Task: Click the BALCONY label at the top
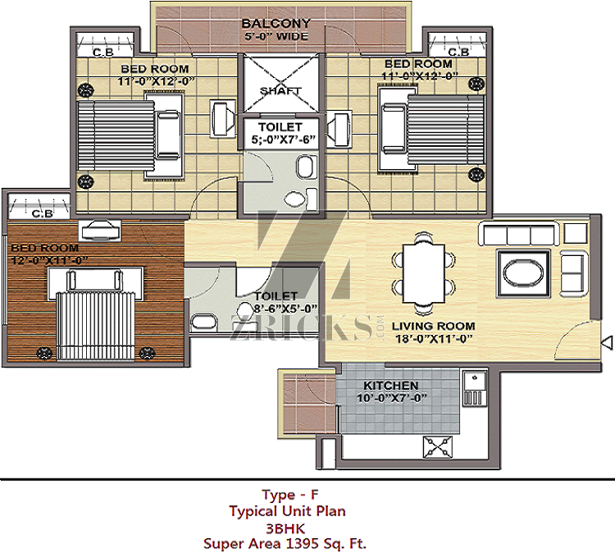click(x=276, y=24)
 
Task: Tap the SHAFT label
click(x=280, y=91)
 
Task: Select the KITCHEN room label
click(x=390, y=386)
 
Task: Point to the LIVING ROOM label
click(x=434, y=326)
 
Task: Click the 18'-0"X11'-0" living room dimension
click(x=434, y=339)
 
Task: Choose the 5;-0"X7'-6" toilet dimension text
click(x=283, y=139)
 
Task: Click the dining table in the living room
click(x=424, y=274)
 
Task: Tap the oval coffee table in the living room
click(x=524, y=274)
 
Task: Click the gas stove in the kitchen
click(x=438, y=447)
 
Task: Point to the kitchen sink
click(x=475, y=388)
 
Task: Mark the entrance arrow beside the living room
click(x=607, y=342)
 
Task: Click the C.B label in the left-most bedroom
click(x=43, y=213)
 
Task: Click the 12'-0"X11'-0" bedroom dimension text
click(x=48, y=260)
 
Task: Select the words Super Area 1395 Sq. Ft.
click(x=285, y=544)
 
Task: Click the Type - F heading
click(x=289, y=495)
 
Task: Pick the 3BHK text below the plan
click(x=285, y=528)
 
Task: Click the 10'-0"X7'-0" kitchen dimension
click(x=391, y=398)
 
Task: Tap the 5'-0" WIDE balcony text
click(x=276, y=36)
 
